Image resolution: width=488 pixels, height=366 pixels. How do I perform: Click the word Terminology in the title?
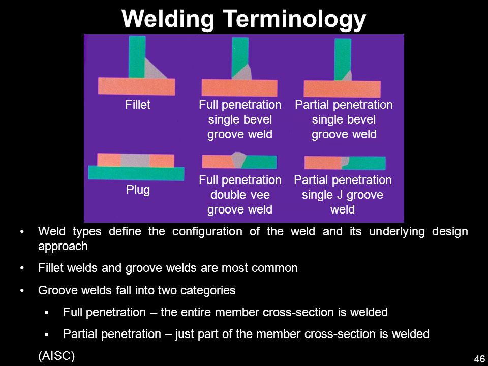coord(294,19)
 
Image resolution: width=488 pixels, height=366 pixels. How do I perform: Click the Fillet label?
coord(138,105)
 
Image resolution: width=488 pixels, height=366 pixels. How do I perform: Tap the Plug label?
coord(138,190)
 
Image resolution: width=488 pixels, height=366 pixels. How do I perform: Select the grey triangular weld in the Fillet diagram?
coord(155,70)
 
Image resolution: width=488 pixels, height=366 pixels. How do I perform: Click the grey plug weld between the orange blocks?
coord(135,160)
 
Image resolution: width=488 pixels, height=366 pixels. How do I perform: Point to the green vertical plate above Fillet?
coord(137,56)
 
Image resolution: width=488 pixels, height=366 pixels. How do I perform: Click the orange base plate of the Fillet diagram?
coord(137,86)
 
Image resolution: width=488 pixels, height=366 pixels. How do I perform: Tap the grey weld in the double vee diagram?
coord(239,160)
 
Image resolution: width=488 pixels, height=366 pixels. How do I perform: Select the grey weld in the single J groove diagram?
coord(345,162)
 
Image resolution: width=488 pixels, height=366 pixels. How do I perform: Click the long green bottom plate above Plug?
coord(136,173)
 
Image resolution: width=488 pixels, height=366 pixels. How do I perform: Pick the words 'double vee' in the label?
coord(240,195)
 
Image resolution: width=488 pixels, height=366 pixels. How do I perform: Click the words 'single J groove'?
coord(342,195)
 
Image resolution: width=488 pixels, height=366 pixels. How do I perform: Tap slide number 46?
coord(479,358)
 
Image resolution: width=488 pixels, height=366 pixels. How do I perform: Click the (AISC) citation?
coord(56,356)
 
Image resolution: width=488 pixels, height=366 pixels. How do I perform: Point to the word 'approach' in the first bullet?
coord(63,247)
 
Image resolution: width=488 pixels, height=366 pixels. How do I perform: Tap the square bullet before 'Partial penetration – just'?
coord(47,335)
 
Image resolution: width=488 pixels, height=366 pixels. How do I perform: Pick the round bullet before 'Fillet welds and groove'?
coord(21,268)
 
